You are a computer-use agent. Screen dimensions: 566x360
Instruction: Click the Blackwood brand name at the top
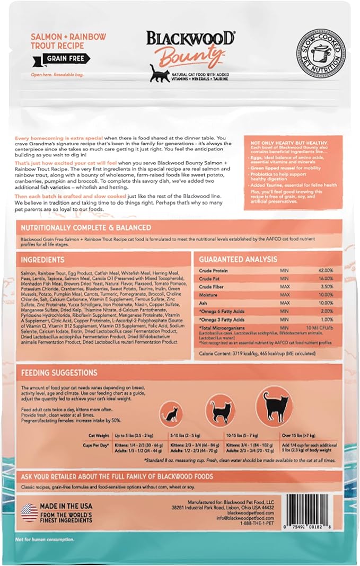pos(191,39)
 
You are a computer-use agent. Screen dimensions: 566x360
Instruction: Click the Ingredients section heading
pos(42,260)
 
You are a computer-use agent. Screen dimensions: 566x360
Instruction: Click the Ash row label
pos(204,303)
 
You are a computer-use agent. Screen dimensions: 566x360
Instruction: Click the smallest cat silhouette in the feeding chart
pos(171,414)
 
